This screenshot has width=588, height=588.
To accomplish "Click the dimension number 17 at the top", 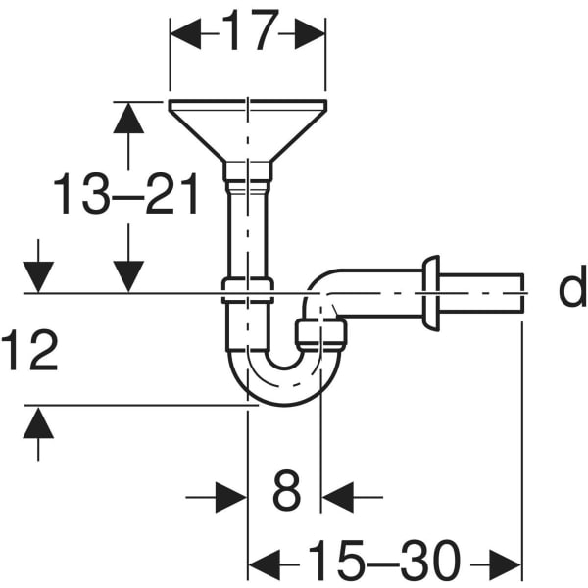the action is coord(250,29).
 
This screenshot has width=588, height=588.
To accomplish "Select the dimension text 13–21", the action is coord(125,194).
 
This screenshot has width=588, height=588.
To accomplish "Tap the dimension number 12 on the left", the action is coord(29,350).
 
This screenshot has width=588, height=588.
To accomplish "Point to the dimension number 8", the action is coord(286,491).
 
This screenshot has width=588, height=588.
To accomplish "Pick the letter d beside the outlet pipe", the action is coord(572,286).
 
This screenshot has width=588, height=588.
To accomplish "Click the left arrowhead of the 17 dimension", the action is coord(185,33).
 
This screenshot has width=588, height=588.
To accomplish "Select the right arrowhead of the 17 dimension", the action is coord(310,33).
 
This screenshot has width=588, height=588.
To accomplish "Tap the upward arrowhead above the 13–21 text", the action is coord(128,118).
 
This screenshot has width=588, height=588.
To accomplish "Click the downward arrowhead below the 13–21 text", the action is coord(128,276).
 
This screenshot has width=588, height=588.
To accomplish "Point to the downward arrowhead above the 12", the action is coord(38,277).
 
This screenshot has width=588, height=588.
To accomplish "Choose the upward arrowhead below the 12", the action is coord(38,422).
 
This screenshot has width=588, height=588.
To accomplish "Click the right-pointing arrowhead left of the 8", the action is coord(231,497).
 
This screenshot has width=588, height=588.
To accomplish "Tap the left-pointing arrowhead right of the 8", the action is coord(337,497).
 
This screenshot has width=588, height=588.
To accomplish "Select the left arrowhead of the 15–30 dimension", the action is coord(265,564).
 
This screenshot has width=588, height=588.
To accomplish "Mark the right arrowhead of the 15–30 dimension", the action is coord(506,564).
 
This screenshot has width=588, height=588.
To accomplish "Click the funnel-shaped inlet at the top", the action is coord(248,131).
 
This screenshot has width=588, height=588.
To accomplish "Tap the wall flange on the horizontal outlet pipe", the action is coord(431,293).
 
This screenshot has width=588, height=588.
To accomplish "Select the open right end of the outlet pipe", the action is coord(522,293).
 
